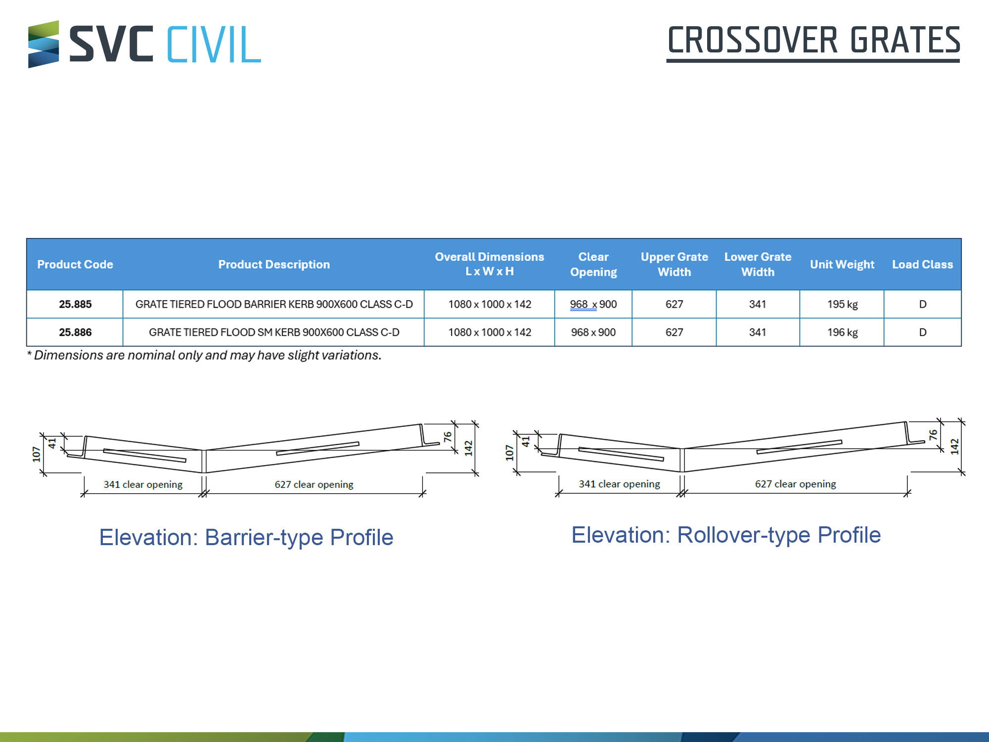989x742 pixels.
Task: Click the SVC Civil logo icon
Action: pyautogui.click(x=44, y=44)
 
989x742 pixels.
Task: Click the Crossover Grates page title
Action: pyautogui.click(x=813, y=43)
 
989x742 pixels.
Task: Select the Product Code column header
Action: pyautogui.click(x=75, y=265)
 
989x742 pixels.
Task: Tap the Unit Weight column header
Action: pyautogui.click(x=842, y=265)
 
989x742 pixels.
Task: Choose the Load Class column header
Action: pyautogui.click(x=922, y=265)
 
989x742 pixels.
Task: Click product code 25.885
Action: pyautogui.click(x=75, y=304)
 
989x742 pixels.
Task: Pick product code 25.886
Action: pyautogui.click(x=75, y=332)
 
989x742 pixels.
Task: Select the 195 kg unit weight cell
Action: pyautogui.click(x=842, y=304)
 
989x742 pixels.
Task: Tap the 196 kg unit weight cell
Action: pyautogui.click(x=842, y=332)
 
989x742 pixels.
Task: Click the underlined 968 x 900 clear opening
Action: pyautogui.click(x=593, y=304)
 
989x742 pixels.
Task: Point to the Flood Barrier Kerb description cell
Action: pyautogui.click(x=274, y=304)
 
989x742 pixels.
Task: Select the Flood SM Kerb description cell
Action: pyautogui.click(x=274, y=332)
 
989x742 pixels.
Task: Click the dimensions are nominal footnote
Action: pyautogui.click(x=204, y=355)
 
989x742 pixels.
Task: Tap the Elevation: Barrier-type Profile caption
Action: pyautogui.click(x=246, y=538)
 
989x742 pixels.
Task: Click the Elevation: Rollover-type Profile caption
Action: pyautogui.click(x=726, y=535)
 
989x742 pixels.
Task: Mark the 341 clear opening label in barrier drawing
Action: pyautogui.click(x=143, y=484)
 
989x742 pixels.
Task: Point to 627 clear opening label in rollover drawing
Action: pyautogui.click(x=795, y=484)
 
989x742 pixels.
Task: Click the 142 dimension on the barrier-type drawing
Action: pyautogui.click(x=468, y=448)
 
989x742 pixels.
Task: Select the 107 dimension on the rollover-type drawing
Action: pyautogui.click(x=509, y=453)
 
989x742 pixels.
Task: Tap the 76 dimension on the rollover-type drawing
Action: pyautogui.click(x=933, y=435)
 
